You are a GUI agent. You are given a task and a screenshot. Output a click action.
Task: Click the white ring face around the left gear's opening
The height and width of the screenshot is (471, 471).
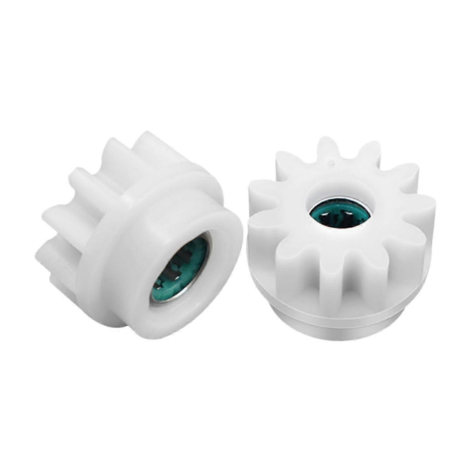(x=212, y=288)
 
